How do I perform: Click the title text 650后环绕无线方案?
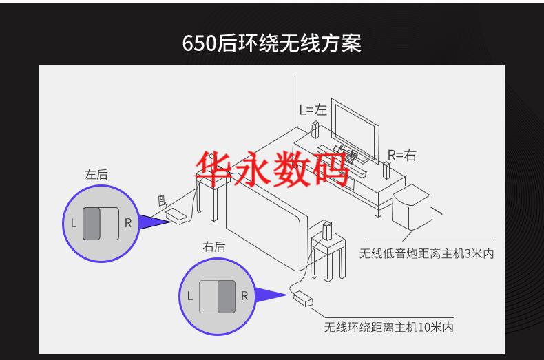coord(271,43)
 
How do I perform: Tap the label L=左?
coord(313,109)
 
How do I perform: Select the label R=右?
coord(401,155)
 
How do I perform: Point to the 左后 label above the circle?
coord(96,175)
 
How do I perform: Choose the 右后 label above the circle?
coord(214,246)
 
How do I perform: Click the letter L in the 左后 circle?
coord(74,223)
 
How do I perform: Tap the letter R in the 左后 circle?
coord(127,223)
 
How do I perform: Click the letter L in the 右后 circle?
coord(190,296)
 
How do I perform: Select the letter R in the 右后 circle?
coord(244,296)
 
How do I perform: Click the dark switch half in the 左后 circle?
coord(92,223)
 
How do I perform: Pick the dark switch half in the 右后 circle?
coord(227,296)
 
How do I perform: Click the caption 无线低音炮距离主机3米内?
coord(426,254)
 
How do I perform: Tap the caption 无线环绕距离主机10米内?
coord(388,327)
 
